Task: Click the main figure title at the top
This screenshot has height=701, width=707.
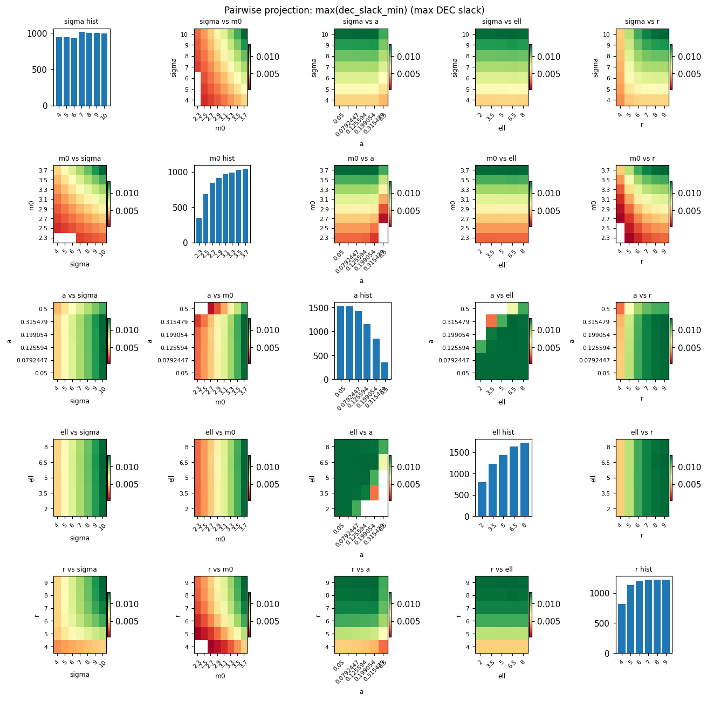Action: point(354,10)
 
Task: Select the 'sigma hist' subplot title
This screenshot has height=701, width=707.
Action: point(81,22)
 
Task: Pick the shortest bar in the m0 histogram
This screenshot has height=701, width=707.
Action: point(199,230)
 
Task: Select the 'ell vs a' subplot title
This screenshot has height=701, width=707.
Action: point(361,432)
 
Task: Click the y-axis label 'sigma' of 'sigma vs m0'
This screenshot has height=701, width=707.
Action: point(174,67)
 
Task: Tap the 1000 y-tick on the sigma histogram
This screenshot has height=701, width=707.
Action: point(42,33)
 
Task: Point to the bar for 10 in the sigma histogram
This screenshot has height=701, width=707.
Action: point(104,70)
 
